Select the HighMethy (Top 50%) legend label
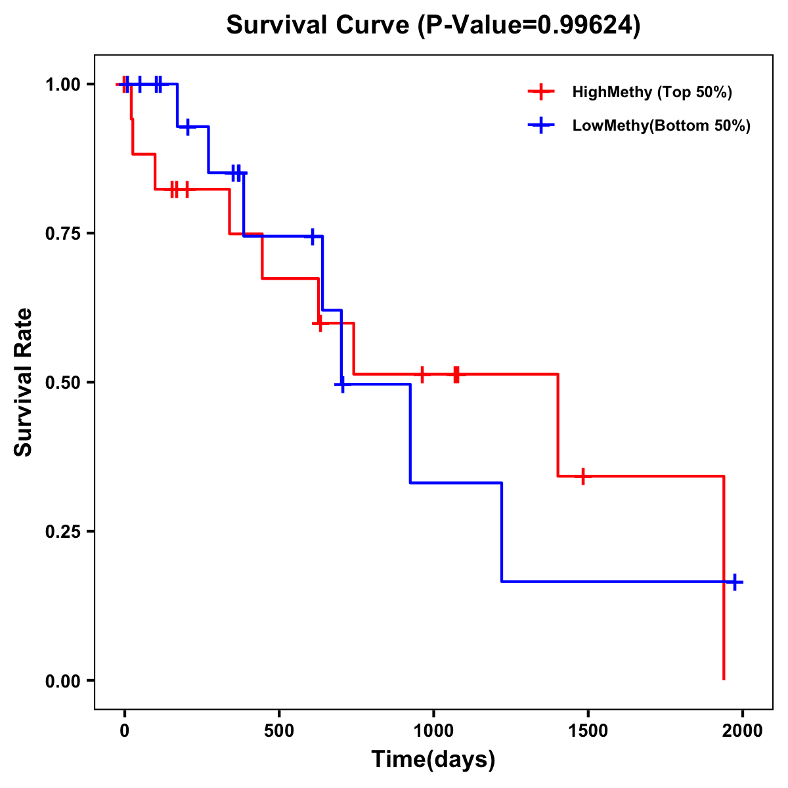(652, 92)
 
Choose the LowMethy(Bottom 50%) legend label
(661, 125)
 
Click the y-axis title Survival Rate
(24, 382)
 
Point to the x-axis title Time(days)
(433, 759)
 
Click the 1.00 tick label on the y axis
(62, 85)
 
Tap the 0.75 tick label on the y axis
(62, 234)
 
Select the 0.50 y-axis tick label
(62, 383)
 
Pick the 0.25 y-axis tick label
(62, 532)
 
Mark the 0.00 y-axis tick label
(62, 681)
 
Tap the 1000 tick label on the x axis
(433, 731)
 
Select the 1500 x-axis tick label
(588, 731)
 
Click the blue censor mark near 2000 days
(735, 582)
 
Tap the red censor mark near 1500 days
(582, 476)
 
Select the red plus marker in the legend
(541, 92)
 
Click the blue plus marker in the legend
(541, 125)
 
